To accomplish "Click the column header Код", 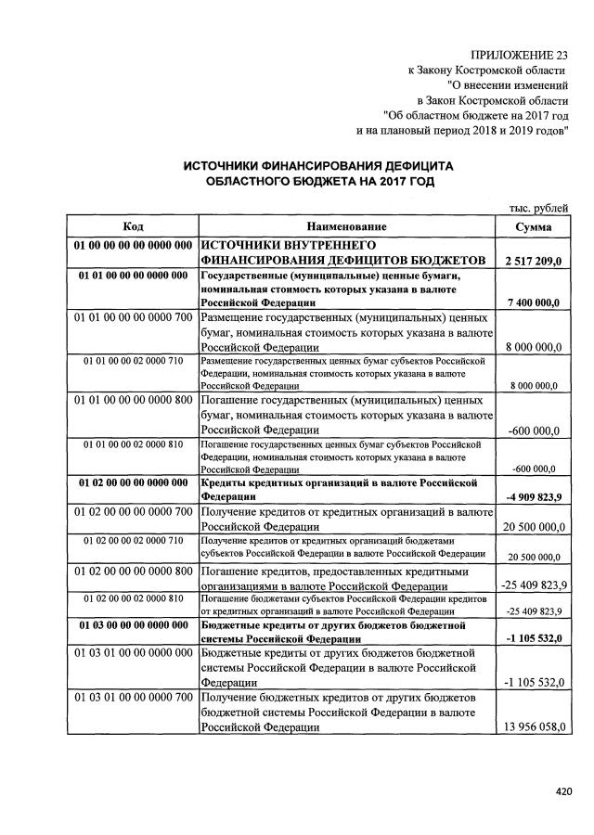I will pyautogui.click(x=132, y=226).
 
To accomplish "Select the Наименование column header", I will pyautogui.click(x=345, y=226).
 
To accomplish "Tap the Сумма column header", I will pyautogui.click(x=533, y=226).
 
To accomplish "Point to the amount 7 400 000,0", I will pyautogui.click(x=535, y=302).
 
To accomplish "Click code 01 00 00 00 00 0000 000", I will pyautogui.click(x=133, y=246).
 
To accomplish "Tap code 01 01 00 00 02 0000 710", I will pyautogui.click(x=133, y=359).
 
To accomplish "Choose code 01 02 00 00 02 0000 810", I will pyautogui.click(x=133, y=598).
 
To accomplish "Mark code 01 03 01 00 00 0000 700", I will pyautogui.click(x=133, y=696).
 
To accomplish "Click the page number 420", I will pyautogui.click(x=562, y=791).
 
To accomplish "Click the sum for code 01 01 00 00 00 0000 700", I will pyautogui.click(x=533, y=347).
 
